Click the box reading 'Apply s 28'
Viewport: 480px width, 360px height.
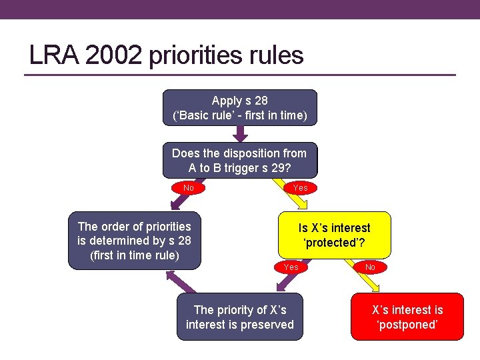[x=239, y=108]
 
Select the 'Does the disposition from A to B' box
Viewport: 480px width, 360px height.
[x=239, y=160]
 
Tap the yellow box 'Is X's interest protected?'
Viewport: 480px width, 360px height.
[x=334, y=235]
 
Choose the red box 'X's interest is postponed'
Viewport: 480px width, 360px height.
[x=407, y=317]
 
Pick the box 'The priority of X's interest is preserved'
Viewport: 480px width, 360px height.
[x=239, y=317]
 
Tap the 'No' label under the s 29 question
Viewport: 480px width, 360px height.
[x=189, y=188]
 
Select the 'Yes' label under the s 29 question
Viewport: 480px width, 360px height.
[x=301, y=188]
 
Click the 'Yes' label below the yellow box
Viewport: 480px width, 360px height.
[x=291, y=267]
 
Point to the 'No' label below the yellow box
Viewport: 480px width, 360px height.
[x=371, y=267]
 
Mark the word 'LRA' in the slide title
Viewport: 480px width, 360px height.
[x=53, y=55]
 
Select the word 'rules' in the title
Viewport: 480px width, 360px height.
[x=279, y=55]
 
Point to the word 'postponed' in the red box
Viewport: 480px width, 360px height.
[x=407, y=325]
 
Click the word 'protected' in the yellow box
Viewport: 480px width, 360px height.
[x=333, y=243]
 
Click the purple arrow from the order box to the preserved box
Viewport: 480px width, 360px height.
[x=187, y=283]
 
